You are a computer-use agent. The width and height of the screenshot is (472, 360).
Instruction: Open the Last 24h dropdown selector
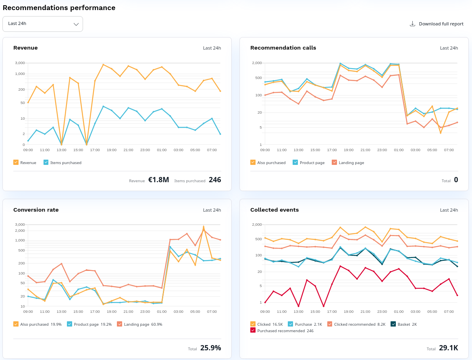(43, 24)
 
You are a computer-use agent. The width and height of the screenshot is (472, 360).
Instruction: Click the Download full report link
(437, 24)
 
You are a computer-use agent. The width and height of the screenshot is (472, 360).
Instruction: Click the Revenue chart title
(25, 48)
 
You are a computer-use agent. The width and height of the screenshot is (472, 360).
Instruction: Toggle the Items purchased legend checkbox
(46, 162)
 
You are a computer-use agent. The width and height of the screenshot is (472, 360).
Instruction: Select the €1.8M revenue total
(158, 180)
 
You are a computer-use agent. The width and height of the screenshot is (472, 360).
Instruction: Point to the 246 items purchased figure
(215, 180)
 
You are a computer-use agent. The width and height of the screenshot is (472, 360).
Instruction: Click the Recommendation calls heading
(283, 48)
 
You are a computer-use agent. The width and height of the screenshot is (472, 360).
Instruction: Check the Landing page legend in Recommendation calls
(334, 162)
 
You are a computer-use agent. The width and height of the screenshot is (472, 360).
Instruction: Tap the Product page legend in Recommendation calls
(295, 162)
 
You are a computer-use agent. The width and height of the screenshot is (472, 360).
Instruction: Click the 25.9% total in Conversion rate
(210, 348)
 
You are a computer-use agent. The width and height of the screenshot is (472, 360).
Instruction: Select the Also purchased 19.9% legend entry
(16, 324)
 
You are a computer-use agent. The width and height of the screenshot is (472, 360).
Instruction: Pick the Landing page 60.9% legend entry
(119, 324)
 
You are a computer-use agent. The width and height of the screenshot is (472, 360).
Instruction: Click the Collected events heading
(274, 210)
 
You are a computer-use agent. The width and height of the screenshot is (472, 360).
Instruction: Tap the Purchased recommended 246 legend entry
(253, 330)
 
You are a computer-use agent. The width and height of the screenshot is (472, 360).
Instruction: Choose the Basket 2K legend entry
(393, 324)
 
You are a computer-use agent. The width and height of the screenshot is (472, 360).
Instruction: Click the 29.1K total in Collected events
(448, 348)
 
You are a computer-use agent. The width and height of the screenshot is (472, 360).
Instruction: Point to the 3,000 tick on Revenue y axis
(20, 63)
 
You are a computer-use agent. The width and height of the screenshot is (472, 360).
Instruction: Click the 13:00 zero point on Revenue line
(61, 144)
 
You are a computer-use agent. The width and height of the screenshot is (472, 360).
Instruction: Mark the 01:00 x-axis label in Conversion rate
(162, 312)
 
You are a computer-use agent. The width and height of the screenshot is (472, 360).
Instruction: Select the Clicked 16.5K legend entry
(253, 324)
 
